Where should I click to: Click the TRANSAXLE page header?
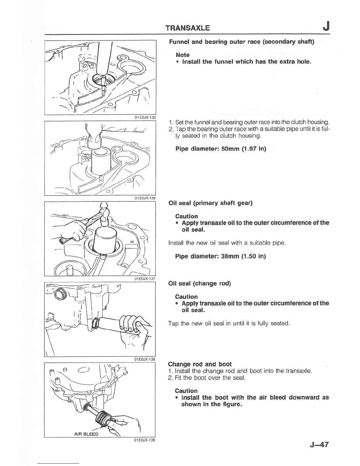coord(187,28)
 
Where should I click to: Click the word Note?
coord(183,55)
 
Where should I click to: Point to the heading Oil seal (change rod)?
coord(199,284)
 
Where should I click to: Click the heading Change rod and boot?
coord(200,364)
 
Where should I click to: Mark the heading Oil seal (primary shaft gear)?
coord(210,203)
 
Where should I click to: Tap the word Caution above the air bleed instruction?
coord(186,391)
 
